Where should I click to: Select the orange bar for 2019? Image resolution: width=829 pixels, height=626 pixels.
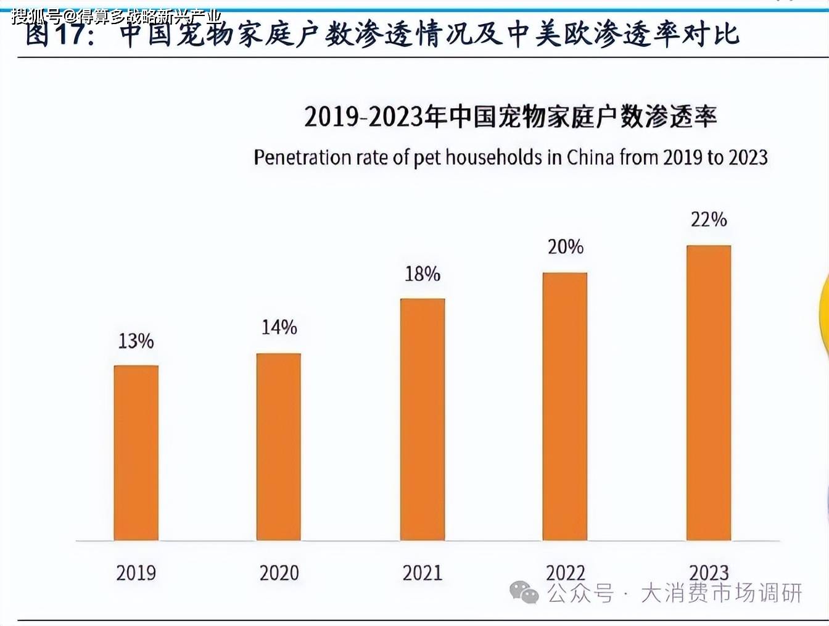pos(136,453)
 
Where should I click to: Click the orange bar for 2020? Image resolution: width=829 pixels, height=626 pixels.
pos(279,446)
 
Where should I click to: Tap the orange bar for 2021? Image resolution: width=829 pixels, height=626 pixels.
pos(423,419)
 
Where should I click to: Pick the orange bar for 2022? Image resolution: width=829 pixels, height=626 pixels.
pos(565,406)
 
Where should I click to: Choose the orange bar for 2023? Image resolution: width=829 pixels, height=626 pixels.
pos(709,393)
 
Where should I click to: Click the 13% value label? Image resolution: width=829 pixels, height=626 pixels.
pos(136,341)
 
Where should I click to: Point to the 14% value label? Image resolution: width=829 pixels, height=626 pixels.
pos(279,327)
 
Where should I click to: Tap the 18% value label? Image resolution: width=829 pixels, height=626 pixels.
pos(423,273)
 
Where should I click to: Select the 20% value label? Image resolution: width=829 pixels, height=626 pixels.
pos(565,247)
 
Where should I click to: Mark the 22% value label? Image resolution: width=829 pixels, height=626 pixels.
pos(709,219)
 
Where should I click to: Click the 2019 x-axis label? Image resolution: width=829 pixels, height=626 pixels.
pos(136,573)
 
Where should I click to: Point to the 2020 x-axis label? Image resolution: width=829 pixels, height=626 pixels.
pos(279,573)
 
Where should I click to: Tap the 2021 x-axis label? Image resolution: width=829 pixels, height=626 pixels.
pos(423,573)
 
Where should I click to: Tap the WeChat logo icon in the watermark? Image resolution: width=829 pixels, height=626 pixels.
pos(524,592)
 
